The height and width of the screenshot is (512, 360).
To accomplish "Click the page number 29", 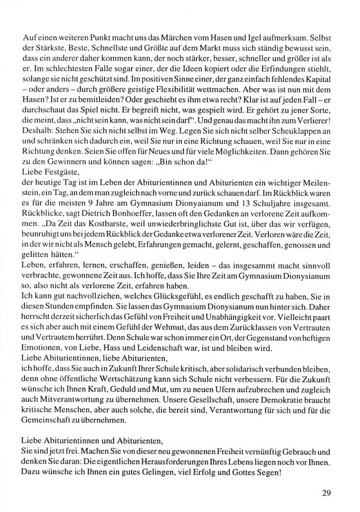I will tap(328, 493).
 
